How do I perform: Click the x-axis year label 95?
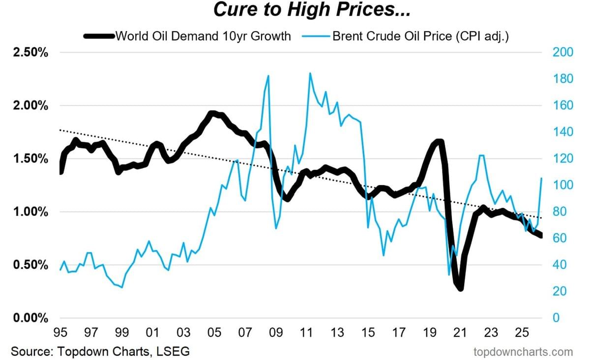[60, 333]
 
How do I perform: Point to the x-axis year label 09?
[276, 333]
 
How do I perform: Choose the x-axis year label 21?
[460, 333]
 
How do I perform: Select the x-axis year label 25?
[522, 333]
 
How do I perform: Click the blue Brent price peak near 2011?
[310, 74]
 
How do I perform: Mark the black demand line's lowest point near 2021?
[461, 288]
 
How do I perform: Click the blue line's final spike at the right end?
[541, 178]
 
